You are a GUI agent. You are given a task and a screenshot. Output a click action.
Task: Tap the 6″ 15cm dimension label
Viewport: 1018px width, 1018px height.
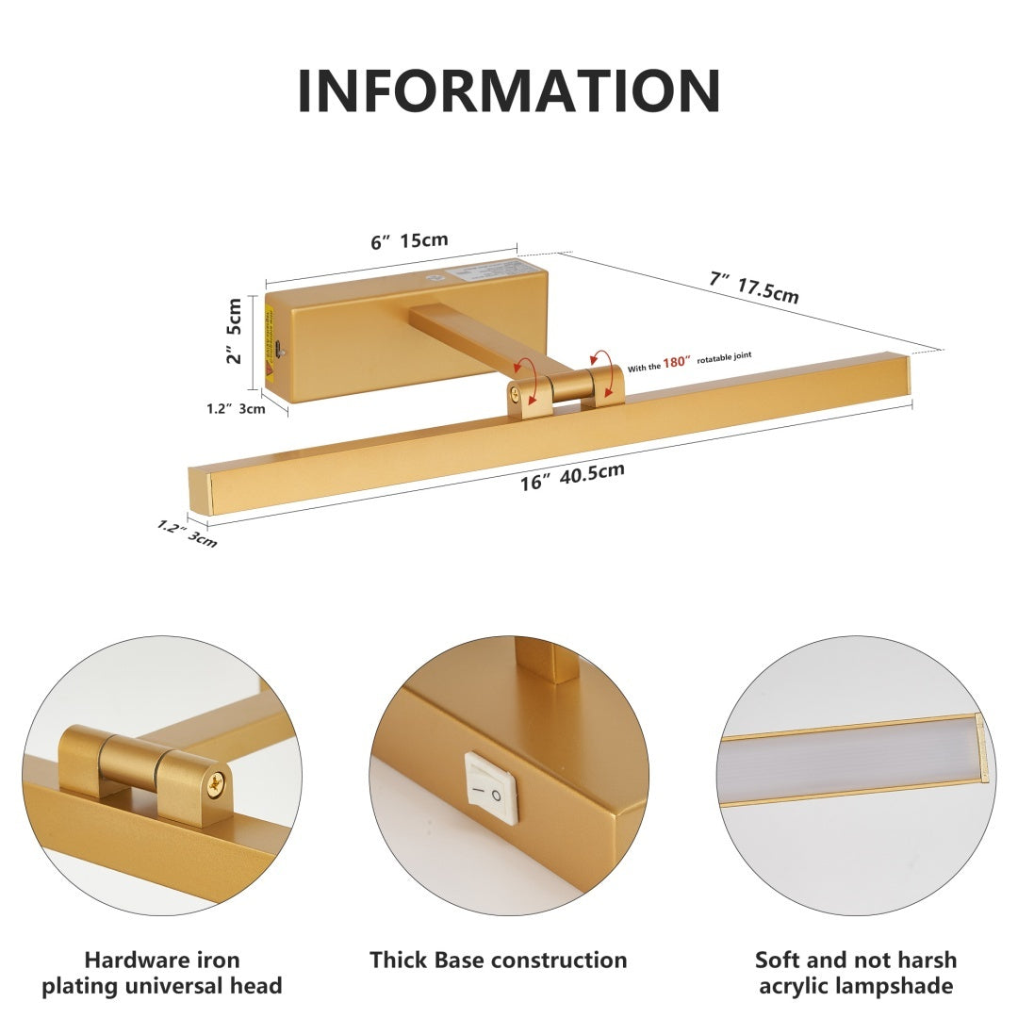[409, 240]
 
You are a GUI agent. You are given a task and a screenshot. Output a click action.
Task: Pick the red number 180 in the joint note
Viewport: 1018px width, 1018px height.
[676, 361]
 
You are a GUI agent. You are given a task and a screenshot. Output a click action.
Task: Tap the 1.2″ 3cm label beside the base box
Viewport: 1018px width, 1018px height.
[236, 409]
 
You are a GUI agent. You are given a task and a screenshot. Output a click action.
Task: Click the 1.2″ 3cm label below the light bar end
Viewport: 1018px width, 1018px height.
[188, 534]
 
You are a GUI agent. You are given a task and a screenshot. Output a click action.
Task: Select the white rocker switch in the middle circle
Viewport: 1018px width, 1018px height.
[492, 787]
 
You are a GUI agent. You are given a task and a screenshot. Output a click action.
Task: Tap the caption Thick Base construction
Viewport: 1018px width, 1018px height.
[498, 960]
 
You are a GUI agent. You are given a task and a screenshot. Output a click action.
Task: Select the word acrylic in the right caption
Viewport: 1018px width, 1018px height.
[802, 986]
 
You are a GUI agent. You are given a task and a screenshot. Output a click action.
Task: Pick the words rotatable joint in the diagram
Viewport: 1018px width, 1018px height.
[724, 356]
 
